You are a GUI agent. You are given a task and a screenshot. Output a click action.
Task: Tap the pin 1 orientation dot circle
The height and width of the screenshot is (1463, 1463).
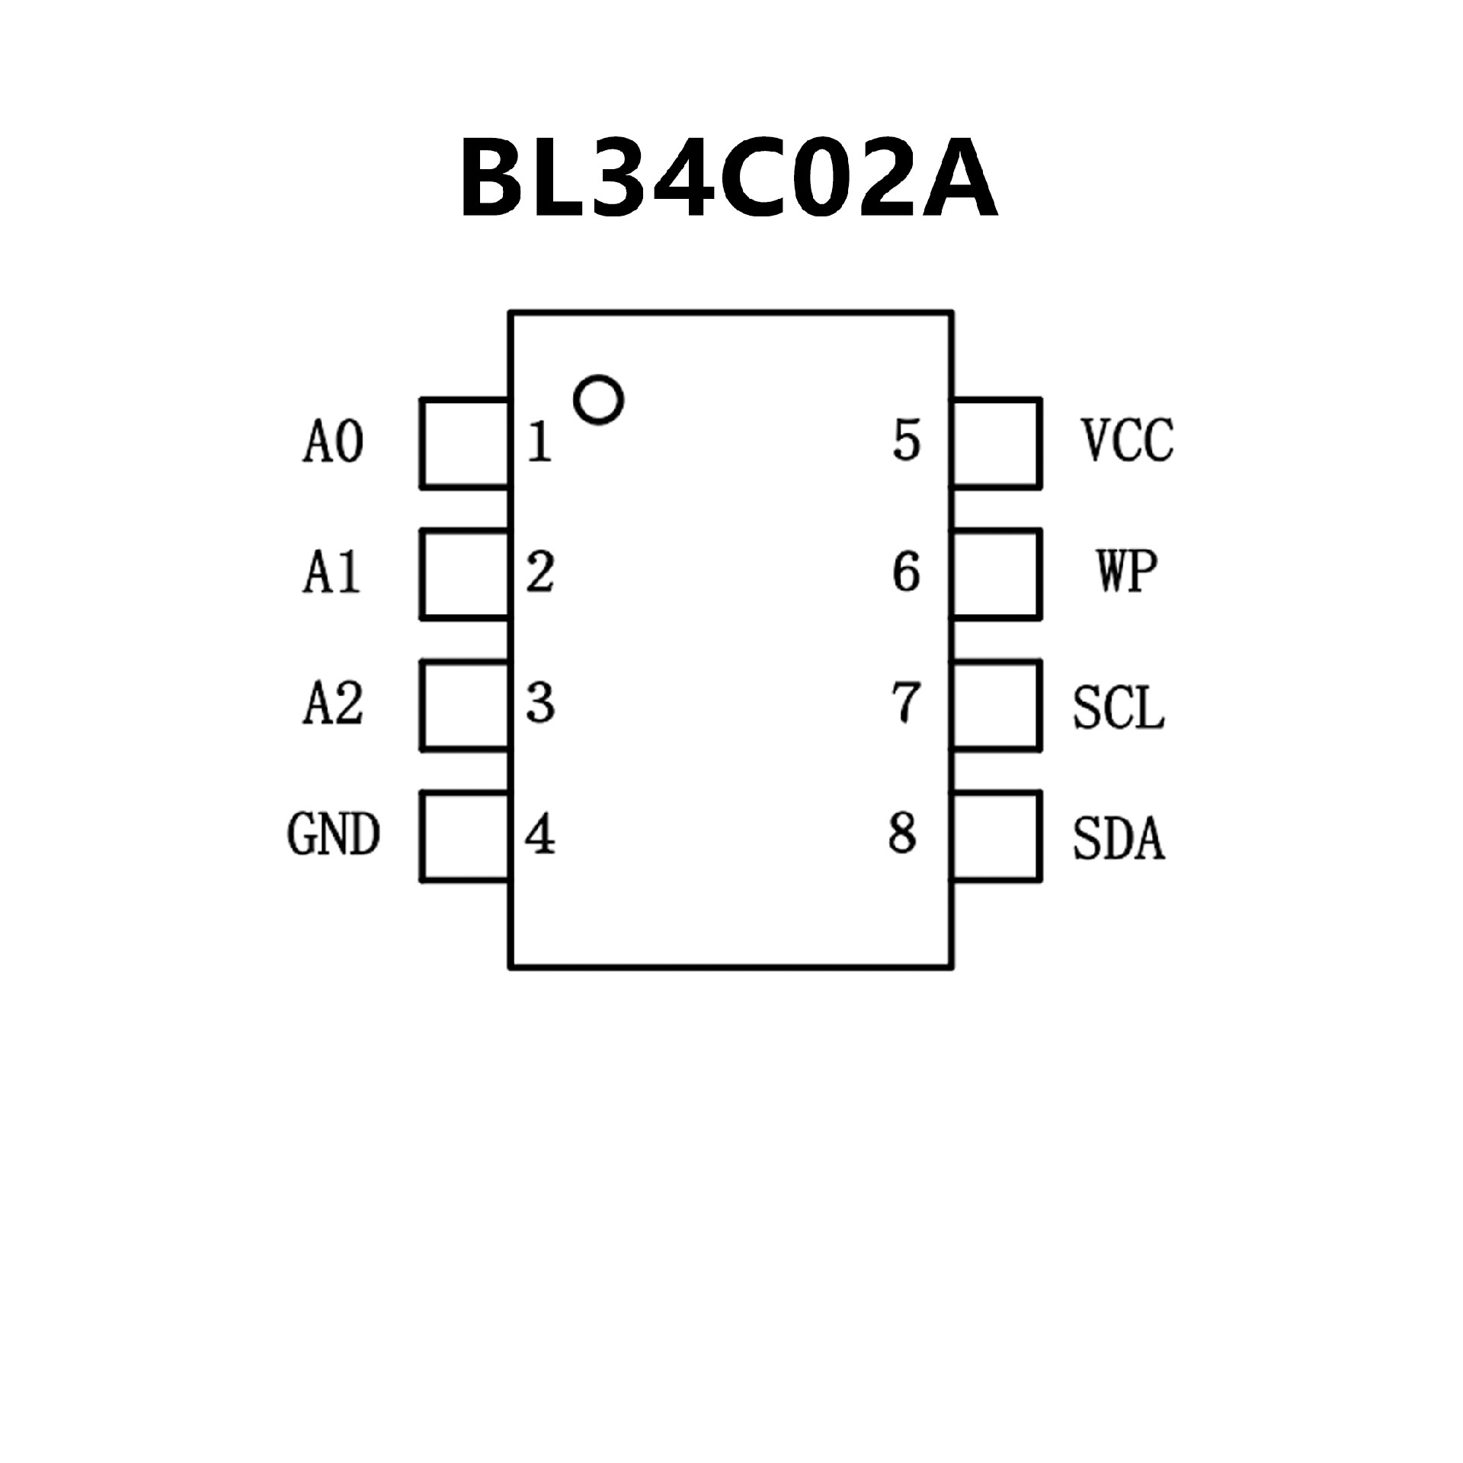coord(598,400)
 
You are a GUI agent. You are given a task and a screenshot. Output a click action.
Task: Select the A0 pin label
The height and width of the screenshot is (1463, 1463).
coord(333,442)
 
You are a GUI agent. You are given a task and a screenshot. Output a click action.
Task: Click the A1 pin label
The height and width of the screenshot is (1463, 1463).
coord(331,573)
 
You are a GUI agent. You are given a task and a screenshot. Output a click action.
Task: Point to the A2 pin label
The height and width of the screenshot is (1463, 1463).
coord(333,703)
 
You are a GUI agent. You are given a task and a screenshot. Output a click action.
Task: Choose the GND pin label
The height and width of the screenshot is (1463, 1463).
coord(333,834)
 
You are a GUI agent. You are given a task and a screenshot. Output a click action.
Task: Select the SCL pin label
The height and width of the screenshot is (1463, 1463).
coord(1119,709)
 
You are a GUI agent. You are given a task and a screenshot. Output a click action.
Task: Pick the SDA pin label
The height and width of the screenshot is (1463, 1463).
coord(1119,840)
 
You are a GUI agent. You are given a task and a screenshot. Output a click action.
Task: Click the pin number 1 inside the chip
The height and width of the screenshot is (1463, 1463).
coord(539,442)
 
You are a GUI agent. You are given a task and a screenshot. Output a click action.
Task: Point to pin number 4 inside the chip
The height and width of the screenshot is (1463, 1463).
coord(539,836)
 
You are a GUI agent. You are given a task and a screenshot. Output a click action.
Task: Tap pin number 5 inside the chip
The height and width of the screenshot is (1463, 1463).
coord(907,440)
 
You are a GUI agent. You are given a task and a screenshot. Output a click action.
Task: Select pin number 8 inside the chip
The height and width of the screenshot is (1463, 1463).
coord(902,833)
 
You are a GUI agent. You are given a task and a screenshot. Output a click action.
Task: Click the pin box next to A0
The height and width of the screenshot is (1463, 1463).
coord(465,442)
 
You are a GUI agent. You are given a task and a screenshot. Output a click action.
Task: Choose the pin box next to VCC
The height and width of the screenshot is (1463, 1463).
coord(997,442)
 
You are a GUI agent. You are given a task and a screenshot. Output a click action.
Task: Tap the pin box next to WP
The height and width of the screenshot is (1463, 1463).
coord(997,574)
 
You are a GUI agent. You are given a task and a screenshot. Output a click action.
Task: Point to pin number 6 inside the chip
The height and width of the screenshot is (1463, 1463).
coord(906,572)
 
